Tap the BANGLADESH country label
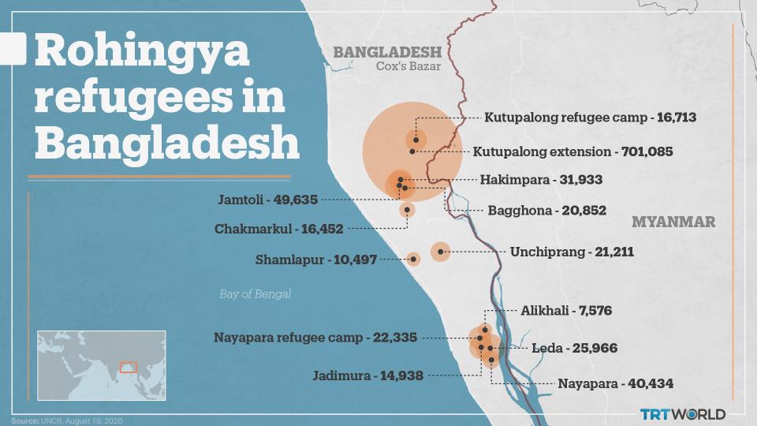[x=386, y=53]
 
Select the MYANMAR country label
[x=673, y=222]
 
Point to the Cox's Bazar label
[x=408, y=67]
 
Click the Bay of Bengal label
[x=255, y=294]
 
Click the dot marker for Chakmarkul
[x=407, y=210]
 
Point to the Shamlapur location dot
[x=413, y=259]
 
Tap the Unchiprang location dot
[x=440, y=252]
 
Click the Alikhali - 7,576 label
[x=565, y=311]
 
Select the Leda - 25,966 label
[x=573, y=348]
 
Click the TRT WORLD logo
[x=682, y=414]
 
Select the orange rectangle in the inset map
[x=128, y=366]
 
